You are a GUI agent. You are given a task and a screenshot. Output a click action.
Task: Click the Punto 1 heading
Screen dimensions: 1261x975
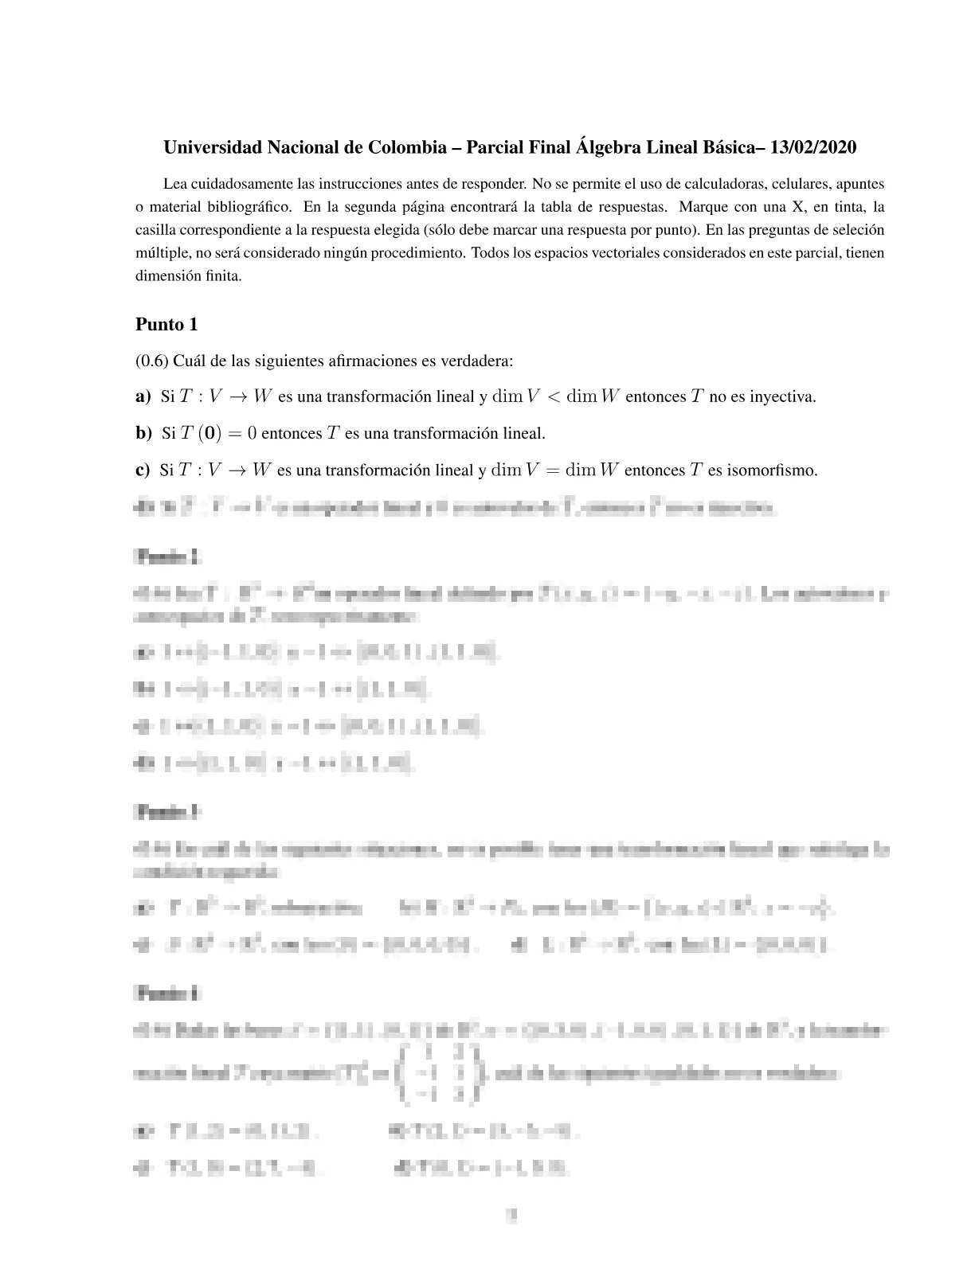click(x=166, y=325)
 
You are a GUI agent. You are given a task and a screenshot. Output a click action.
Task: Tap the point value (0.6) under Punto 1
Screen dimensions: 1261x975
click(x=151, y=361)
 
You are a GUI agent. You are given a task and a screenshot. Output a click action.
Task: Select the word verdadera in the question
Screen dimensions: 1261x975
click(x=480, y=361)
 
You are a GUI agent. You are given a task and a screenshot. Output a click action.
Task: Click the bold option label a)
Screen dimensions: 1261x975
click(x=143, y=396)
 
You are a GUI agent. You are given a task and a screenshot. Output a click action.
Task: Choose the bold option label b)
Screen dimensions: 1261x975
click(x=143, y=433)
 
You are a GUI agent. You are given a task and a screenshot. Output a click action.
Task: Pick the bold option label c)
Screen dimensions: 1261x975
click(x=143, y=470)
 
